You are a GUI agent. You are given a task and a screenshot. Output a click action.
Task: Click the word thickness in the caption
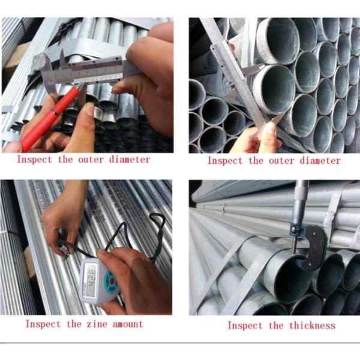310,325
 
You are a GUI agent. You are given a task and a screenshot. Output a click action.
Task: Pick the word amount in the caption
127,324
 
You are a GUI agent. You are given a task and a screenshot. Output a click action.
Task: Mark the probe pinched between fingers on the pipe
62,243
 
